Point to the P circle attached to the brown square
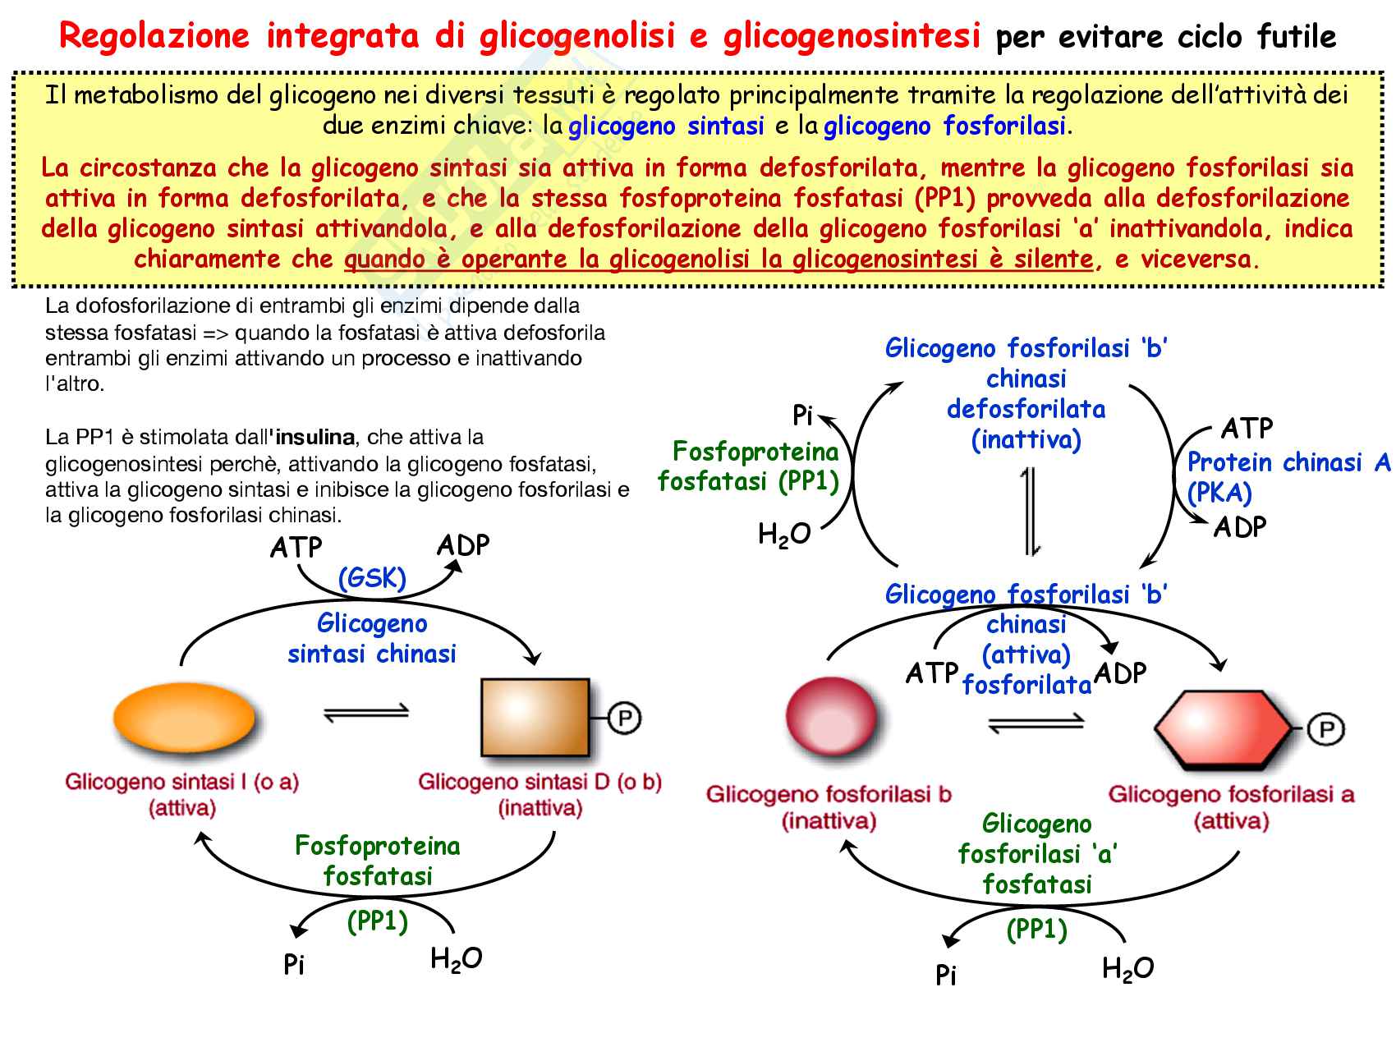(x=625, y=719)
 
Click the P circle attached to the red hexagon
(x=1324, y=729)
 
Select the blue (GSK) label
(x=372, y=578)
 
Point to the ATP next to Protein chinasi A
(x=1246, y=428)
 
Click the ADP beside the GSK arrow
(x=463, y=545)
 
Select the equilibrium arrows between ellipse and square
(x=365, y=714)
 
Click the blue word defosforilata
(x=1026, y=409)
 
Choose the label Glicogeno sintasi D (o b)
(x=540, y=782)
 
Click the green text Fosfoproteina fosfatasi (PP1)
(x=749, y=466)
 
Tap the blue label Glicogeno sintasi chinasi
(x=372, y=639)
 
